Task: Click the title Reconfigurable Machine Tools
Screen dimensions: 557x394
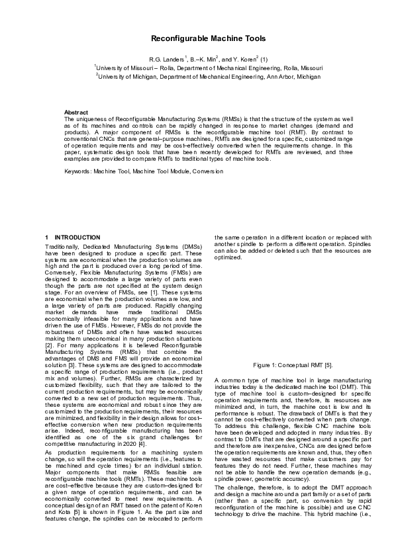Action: pyautogui.click(x=197, y=40)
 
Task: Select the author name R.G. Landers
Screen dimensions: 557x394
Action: pyautogui.click(x=166, y=58)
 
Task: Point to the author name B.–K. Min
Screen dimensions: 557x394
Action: pyautogui.click(x=197, y=58)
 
